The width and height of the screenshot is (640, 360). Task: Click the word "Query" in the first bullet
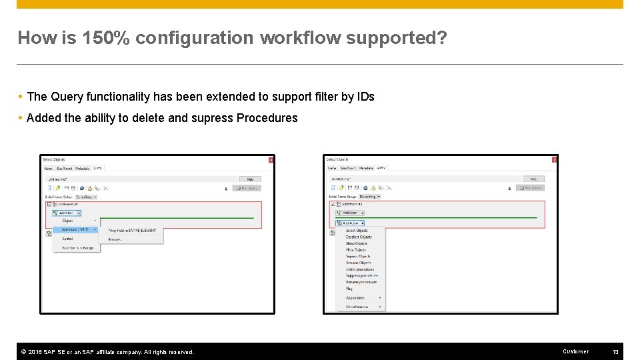pyautogui.click(x=65, y=97)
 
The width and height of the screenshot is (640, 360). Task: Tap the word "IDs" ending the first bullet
pyautogui.click(x=365, y=97)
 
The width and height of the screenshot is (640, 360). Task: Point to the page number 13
pyautogui.click(x=615, y=351)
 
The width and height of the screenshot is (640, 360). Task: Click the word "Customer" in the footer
pyautogui.click(x=576, y=351)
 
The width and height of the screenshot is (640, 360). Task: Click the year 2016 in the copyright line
pyautogui.click(x=36, y=351)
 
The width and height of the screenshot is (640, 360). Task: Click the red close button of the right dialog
pyautogui.click(x=554, y=159)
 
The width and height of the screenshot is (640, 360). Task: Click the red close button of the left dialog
pyautogui.click(x=271, y=159)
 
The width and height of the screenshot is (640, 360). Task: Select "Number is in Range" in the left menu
pyautogui.click(x=77, y=247)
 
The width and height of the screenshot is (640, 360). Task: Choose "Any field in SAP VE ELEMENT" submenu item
pyautogui.click(x=133, y=230)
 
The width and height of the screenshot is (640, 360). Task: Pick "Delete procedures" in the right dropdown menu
pyautogui.click(x=360, y=269)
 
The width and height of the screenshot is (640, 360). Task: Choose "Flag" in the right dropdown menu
pyautogui.click(x=349, y=289)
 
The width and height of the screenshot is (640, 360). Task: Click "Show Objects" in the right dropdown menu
pyautogui.click(x=357, y=243)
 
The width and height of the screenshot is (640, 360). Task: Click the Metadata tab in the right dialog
pyautogui.click(x=366, y=168)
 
